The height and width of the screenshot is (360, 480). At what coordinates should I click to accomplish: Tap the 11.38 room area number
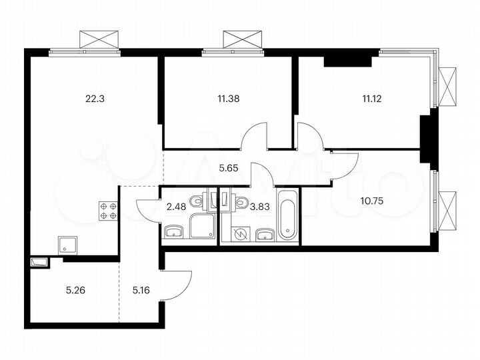(228, 98)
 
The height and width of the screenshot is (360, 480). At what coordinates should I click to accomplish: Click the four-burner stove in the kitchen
(109, 211)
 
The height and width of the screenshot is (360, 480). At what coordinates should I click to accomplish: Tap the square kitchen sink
(67, 245)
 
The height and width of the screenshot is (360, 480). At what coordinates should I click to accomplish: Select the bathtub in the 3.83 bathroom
(287, 215)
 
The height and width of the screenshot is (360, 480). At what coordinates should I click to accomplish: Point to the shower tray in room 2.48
(202, 226)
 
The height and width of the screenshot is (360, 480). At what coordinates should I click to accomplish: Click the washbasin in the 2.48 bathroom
(173, 231)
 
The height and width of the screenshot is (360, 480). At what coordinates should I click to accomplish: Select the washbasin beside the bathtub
(265, 233)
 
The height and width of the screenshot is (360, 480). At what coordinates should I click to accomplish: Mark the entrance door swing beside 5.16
(177, 283)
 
